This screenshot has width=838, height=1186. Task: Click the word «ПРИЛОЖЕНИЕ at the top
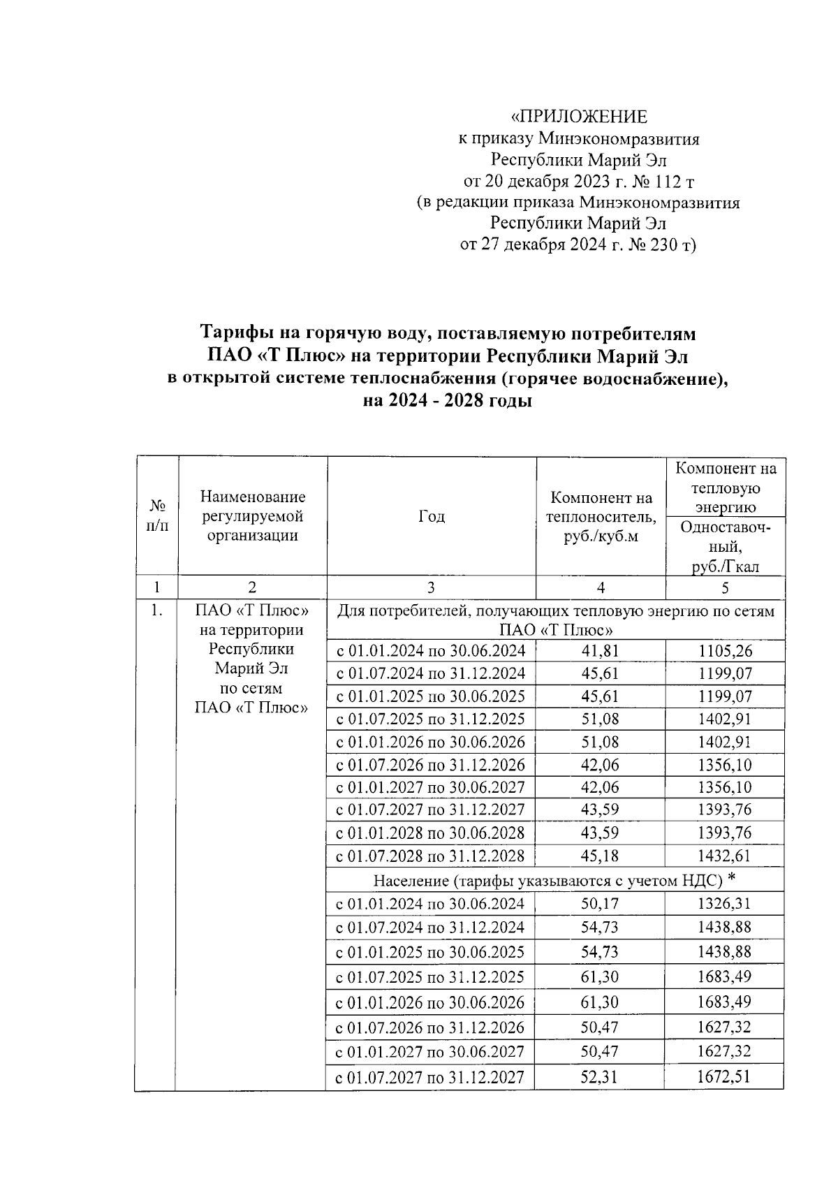point(579,117)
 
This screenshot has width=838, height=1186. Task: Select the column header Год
point(431,516)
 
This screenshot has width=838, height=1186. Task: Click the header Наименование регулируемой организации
point(252,516)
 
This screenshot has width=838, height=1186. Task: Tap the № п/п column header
point(157,516)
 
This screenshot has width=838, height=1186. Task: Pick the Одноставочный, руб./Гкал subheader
point(726,548)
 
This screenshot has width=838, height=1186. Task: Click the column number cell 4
point(601,587)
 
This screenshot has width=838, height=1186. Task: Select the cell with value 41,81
point(600,651)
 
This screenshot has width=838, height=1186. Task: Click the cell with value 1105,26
point(725,651)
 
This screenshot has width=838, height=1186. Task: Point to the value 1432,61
point(725,856)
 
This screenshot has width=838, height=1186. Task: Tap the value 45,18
point(600,856)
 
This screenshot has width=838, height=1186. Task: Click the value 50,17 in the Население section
point(600,904)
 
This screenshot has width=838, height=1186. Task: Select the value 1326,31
point(724,904)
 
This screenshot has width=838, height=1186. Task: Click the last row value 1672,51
point(724,1076)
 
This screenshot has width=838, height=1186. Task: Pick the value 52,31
point(600,1076)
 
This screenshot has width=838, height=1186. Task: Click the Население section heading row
point(554,879)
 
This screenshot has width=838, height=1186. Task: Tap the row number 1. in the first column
point(157,610)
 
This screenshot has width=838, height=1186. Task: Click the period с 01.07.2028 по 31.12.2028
point(431,856)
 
